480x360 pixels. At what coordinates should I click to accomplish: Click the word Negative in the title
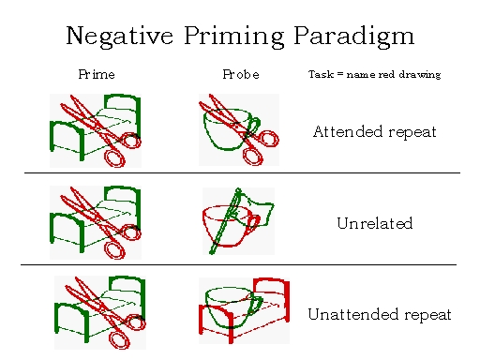tap(119, 37)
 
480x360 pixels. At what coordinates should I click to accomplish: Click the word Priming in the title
tap(234, 37)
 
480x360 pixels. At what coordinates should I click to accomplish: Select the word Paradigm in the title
tap(354, 37)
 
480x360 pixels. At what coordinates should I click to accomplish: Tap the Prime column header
tap(97, 74)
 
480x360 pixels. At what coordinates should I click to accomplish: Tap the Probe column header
tap(241, 74)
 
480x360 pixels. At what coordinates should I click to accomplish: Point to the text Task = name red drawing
tap(374, 74)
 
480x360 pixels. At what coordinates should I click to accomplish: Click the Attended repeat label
tap(375, 131)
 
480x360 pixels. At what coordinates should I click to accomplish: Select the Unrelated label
tap(375, 223)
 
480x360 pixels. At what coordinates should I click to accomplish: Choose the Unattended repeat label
tap(380, 314)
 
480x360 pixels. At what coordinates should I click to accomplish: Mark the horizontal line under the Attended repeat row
tap(242, 172)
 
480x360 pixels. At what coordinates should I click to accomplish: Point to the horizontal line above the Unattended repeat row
tap(238, 264)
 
